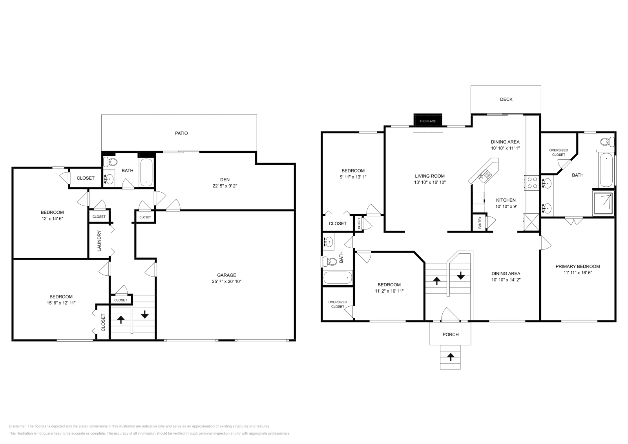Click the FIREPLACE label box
pyautogui.click(x=427, y=121)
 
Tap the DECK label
pyautogui.click(x=506, y=99)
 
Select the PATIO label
pyautogui.click(x=181, y=133)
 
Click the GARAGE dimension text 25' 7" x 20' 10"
pyautogui.click(x=226, y=282)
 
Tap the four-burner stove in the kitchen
pyautogui.click(x=532, y=183)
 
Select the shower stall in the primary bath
pyautogui.click(x=604, y=203)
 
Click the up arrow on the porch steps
pyautogui.click(x=451, y=357)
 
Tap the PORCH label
pyautogui.click(x=450, y=335)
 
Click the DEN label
pyautogui.click(x=225, y=180)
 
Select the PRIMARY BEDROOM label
pyautogui.click(x=577, y=266)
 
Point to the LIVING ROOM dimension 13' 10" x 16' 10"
pyautogui.click(x=430, y=182)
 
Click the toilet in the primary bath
pyautogui.click(x=606, y=142)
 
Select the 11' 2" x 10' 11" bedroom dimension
pyautogui.click(x=389, y=291)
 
